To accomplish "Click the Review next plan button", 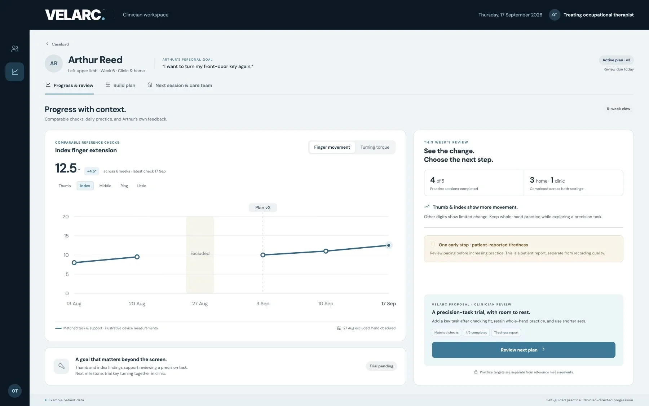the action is click(x=524, y=350).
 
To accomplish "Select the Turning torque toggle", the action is click(x=375, y=147).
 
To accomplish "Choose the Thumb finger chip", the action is click(x=65, y=186).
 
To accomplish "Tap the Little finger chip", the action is click(x=142, y=186).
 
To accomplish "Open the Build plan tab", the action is click(x=120, y=85).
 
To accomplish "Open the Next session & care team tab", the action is click(x=180, y=85).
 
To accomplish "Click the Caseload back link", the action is click(x=57, y=44).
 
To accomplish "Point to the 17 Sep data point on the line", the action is click(x=388, y=245).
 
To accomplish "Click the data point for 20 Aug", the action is click(x=137, y=257).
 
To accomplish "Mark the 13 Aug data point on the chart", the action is click(x=74, y=263).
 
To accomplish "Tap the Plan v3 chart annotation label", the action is click(x=263, y=208).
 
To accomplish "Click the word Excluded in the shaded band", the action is click(x=200, y=253).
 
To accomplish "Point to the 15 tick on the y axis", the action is click(x=66, y=236).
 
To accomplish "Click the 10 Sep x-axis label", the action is click(x=326, y=304).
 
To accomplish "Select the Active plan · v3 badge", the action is click(x=616, y=60).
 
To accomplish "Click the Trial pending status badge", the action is click(x=381, y=366).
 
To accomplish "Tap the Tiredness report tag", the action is click(x=506, y=332).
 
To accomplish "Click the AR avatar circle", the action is click(x=54, y=64).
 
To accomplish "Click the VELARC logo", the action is click(x=75, y=15).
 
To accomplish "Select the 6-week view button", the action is click(x=618, y=109).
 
